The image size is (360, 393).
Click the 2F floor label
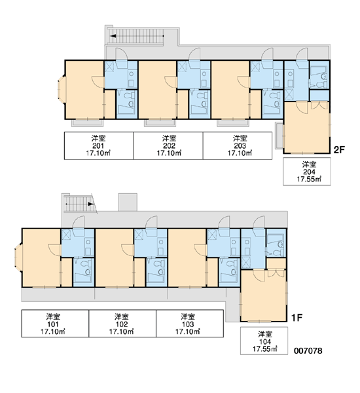coord(339,149)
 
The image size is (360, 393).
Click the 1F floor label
coord(297,318)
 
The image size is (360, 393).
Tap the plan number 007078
coord(308,350)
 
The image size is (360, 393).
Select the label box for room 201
coord(99,145)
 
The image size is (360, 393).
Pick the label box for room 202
coord(168,145)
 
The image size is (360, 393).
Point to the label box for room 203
coord(238,145)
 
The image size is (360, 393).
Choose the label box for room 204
coord(307,172)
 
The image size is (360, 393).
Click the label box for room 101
coord(55,324)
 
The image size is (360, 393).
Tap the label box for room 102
coord(122,324)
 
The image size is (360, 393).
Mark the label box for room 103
coord(190,324)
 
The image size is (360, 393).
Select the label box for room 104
coord(264,341)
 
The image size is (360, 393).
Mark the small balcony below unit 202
coord(160,123)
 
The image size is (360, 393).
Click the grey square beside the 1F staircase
coord(128,202)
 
